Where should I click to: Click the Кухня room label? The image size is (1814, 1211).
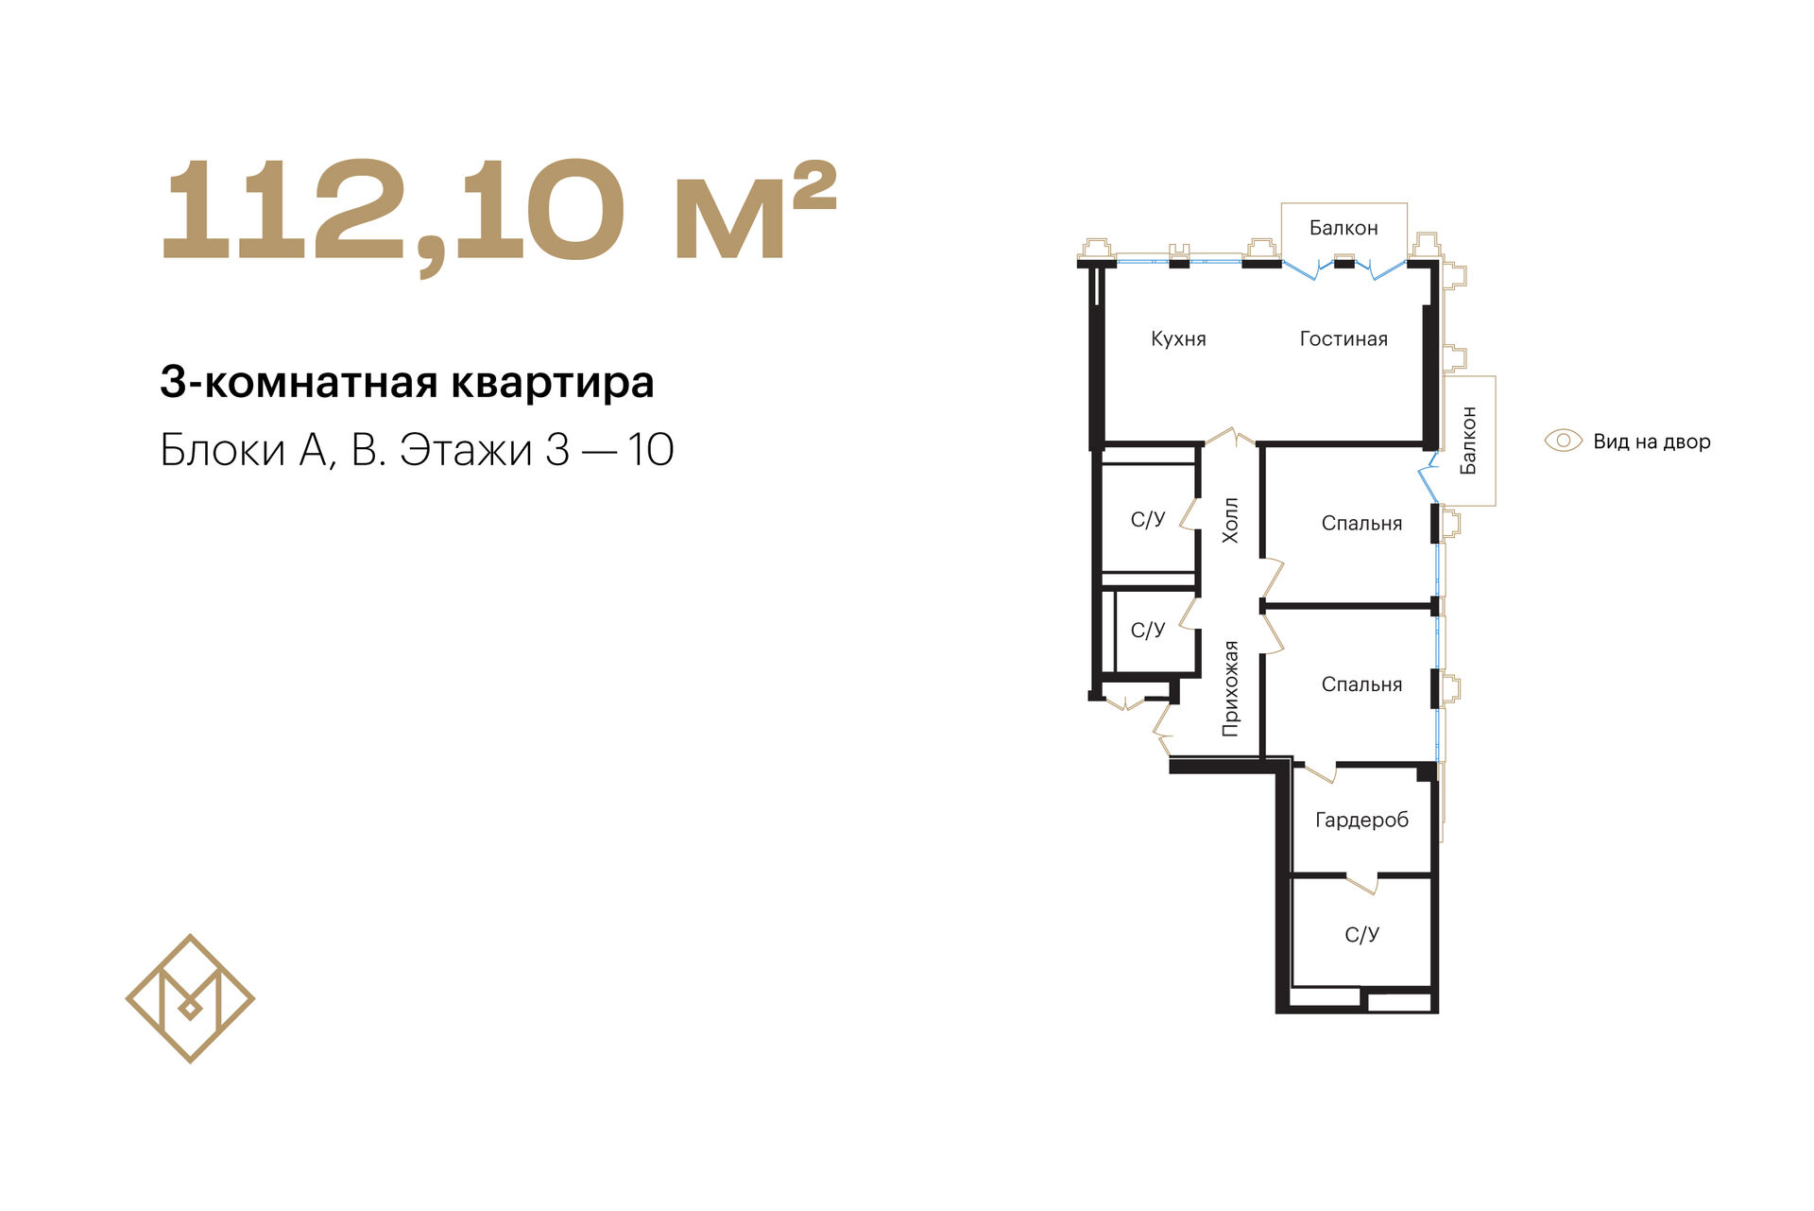coord(1178,339)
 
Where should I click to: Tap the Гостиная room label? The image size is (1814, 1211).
coord(1343,339)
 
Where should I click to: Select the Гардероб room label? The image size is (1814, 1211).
coord(1361,821)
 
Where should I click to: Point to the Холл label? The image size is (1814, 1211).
coord(1230,520)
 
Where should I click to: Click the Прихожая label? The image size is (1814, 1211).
coord(1230,688)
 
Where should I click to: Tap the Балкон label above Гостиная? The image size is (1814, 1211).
coord(1343,228)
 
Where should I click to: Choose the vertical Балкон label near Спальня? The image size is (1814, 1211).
coord(1468,441)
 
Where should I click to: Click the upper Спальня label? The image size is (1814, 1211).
coord(1361,524)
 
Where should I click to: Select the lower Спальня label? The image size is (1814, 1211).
coord(1361,684)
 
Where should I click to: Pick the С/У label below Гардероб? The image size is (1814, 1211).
coord(1361,935)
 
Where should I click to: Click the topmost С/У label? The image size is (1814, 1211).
coord(1148,519)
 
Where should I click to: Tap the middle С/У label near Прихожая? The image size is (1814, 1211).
coord(1148,631)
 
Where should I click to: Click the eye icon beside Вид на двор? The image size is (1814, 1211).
coord(1563,441)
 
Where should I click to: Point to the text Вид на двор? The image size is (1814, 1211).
coord(1651,441)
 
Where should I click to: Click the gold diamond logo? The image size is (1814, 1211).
coord(190,999)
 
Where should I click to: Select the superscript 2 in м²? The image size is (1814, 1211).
coord(814,186)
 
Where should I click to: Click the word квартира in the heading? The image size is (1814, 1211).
coord(552,383)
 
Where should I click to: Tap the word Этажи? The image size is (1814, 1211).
coord(466,450)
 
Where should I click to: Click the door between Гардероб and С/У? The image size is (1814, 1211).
coord(1361,883)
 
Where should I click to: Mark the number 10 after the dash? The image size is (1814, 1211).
coord(650,450)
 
